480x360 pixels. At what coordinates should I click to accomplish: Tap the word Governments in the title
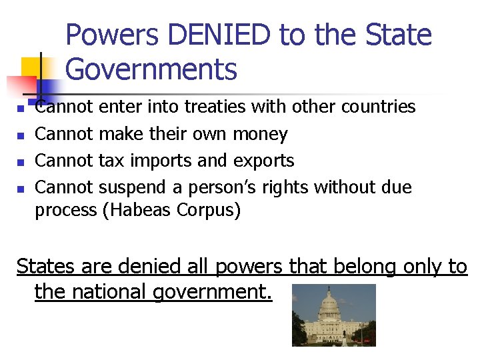pyautogui.click(x=152, y=69)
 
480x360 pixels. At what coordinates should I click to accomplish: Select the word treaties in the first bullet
pyautogui.click(x=217, y=107)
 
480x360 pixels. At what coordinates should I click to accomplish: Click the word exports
pyautogui.click(x=265, y=161)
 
